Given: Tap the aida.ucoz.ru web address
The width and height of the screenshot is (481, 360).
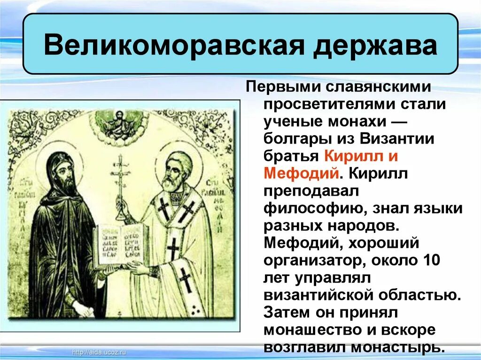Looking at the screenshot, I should pyautogui.click(x=100, y=352).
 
